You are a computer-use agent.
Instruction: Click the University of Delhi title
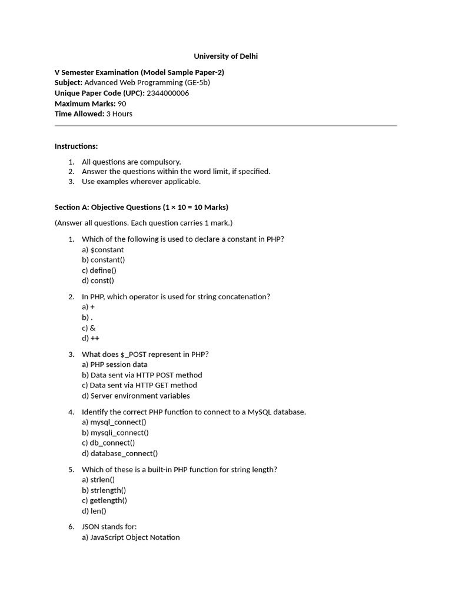point(226,56)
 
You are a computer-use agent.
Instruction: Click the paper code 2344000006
point(168,93)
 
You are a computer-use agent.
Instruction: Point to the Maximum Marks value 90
point(122,103)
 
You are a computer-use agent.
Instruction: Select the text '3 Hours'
point(119,114)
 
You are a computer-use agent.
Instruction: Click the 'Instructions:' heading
point(76,146)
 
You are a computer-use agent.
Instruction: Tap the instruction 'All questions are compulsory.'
point(131,162)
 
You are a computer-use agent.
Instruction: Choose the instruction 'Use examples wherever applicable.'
point(141,182)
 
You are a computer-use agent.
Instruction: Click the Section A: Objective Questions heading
point(141,208)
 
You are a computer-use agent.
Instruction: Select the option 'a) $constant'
point(102,250)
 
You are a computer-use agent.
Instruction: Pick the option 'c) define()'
point(99,270)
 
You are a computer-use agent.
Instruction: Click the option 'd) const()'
point(98,281)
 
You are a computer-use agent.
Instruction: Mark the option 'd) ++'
point(91,339)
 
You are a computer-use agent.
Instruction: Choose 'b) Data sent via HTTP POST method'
point(142,375)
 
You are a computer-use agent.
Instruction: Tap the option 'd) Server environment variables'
point(136,396)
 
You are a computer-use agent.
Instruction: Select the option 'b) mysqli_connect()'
point(115,433)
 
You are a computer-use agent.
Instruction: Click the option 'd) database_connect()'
point(120,454)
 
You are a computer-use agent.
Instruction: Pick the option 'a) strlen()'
point(98,480)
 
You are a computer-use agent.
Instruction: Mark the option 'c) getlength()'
point(104,501)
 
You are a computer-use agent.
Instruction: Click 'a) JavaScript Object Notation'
point(131,537)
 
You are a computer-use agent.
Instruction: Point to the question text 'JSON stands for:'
point(109,527)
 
